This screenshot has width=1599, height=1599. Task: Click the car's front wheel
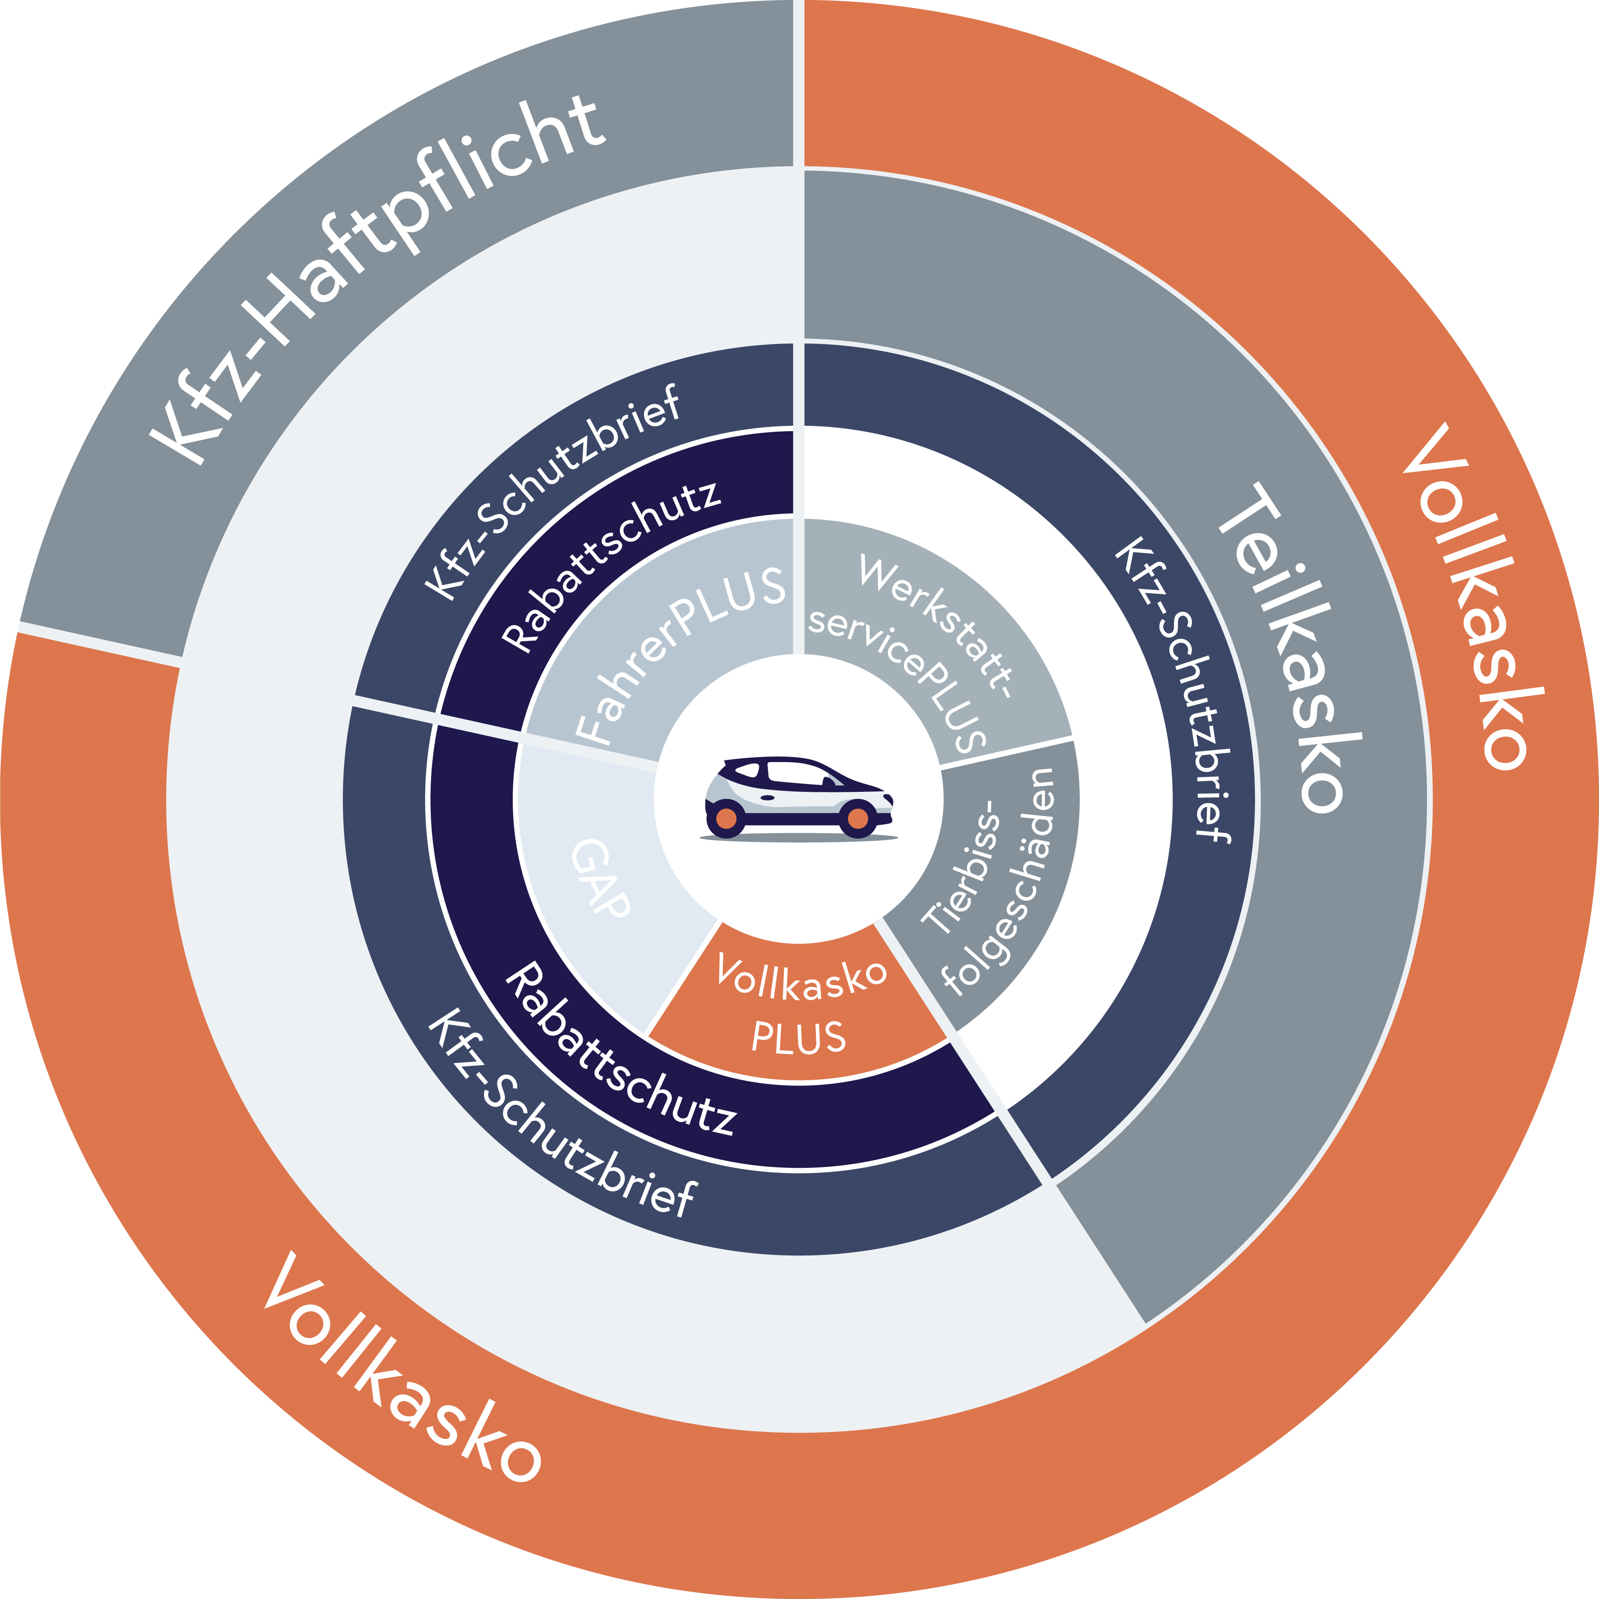[857, 819]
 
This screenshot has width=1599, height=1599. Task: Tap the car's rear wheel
[726, 819]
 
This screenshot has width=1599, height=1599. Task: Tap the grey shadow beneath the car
[799, 838]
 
